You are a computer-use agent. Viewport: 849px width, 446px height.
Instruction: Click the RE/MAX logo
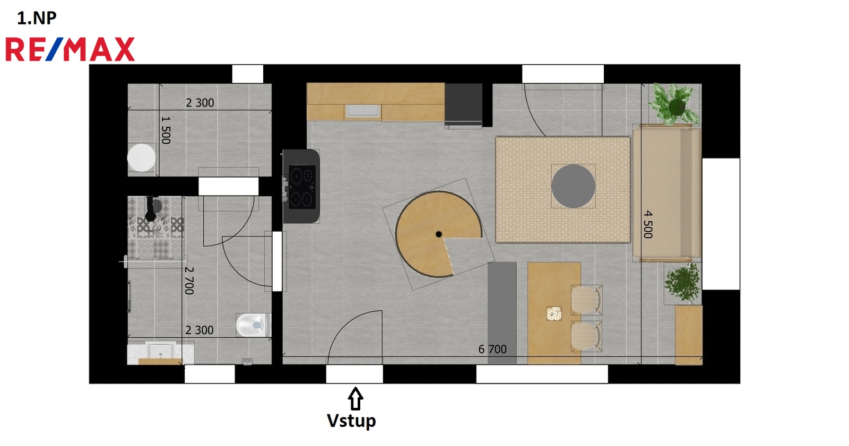tap(70, 49)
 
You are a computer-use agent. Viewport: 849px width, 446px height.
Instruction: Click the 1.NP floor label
tap(37, 18)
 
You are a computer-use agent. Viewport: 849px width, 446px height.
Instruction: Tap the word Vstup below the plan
tap(351, 421)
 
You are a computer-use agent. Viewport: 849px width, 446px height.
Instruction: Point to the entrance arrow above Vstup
tap(355, 398)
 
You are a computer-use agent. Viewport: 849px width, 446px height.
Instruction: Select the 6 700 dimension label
tap(492, 349)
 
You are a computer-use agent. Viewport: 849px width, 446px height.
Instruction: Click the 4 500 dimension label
tap(648, 224)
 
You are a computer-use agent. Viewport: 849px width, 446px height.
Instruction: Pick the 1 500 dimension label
tap(166, 130)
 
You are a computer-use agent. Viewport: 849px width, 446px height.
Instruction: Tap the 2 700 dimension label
tap(189, 281)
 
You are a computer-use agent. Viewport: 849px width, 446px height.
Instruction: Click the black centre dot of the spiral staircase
tap(438, 234)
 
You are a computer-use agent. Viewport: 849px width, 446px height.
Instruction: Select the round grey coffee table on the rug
tap(573, 186)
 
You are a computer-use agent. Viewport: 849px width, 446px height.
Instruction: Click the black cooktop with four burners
tap(302, 187)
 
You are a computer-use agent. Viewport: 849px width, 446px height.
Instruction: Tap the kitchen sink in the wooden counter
tap(363, 111)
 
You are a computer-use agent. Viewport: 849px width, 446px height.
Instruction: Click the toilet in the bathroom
tap(254, 325)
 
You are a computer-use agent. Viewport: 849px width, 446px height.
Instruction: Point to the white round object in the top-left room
tap(141, 158)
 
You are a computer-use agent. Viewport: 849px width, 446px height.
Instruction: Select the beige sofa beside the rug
tap(667, 193)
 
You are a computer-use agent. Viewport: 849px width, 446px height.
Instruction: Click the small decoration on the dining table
tap(554, 313)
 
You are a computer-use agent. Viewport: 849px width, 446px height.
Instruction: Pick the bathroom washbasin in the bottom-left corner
tap(161, 351)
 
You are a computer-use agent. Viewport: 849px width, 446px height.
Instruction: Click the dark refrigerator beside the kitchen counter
tap(464, 104)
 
